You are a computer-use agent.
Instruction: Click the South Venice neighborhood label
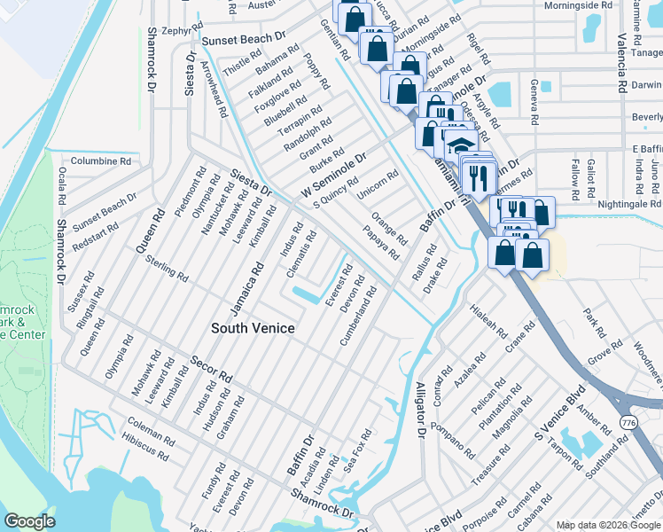coord(253,328)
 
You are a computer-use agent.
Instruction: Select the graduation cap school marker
coord(459,143)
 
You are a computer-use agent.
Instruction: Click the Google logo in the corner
coord(29,521)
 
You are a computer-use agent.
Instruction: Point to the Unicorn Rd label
coord(377,184)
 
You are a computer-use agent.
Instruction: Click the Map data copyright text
coord(608,525)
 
